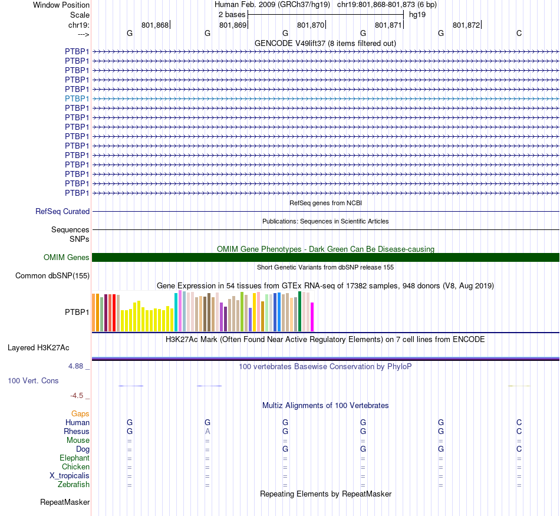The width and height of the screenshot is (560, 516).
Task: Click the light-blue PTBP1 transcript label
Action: [x=77, y=98]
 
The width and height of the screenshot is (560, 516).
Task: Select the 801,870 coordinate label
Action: [x=311, y=25]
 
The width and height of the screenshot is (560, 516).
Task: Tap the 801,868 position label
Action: [x=155, y=25]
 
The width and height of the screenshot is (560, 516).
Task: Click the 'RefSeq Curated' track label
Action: [x=62, y=211]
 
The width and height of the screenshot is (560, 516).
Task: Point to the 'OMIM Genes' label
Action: [x=67, y=257]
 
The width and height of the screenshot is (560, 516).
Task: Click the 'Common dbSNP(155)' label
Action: [x=52, y=275]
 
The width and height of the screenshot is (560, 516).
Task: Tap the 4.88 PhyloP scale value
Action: [x=79, y=366]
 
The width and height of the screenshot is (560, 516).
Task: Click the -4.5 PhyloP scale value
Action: [x=80, y=396]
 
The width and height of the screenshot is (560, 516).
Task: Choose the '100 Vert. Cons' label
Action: [x=33, y=381]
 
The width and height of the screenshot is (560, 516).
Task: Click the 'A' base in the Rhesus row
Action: [x=207, y=431]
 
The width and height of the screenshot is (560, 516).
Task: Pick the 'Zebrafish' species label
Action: [x=74, y=485]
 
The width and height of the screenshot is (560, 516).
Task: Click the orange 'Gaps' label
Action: [x=80, y=413]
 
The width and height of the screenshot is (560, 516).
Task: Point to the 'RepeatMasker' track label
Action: [x=65, y=502]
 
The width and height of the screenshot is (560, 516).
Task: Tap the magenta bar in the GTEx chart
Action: [x=312, y=317]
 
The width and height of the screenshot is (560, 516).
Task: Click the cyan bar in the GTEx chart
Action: [x=176, y=311]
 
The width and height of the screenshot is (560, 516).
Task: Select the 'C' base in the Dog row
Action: [x=519, y=449]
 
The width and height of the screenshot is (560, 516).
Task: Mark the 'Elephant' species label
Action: [x=74, y=458]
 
